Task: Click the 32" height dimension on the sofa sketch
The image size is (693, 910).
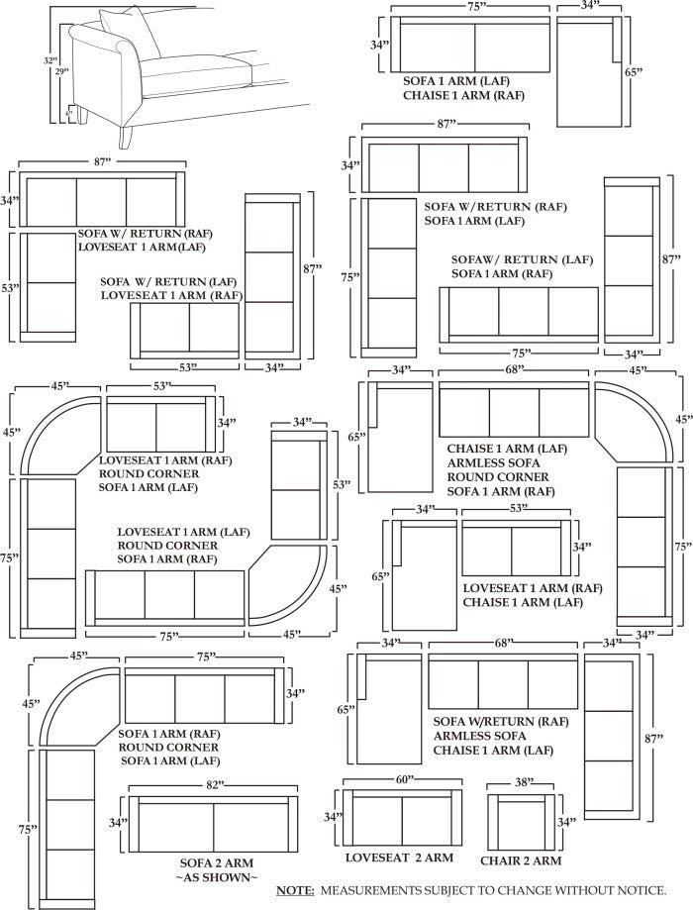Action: coord(49,60)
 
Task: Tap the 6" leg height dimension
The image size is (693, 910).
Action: coord(69,114)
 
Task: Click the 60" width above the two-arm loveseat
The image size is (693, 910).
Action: coord(403,780)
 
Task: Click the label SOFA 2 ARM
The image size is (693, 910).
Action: coord(216,862)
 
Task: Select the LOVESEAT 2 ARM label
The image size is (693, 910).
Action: coord(399,857)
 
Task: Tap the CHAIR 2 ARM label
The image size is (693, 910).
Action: coord(522,859)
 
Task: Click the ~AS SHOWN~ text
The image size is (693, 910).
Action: coord(216,878)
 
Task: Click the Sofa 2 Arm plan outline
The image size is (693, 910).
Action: coord(213,823)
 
